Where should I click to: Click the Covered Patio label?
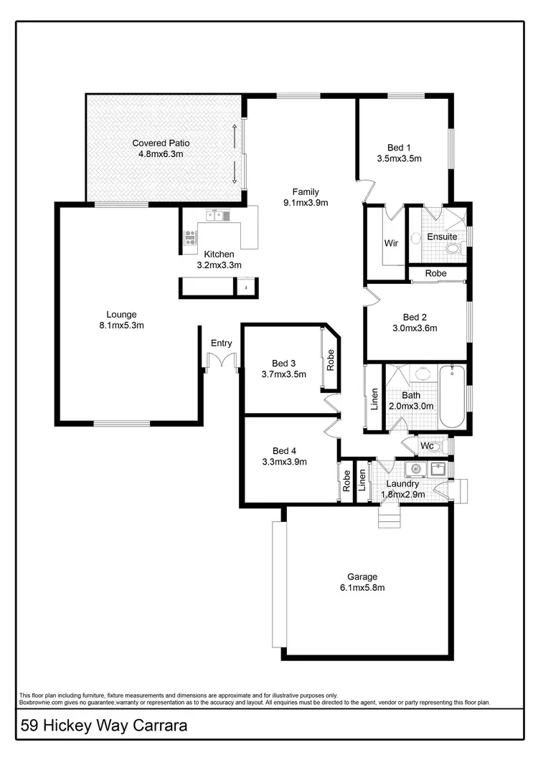coord(161,143)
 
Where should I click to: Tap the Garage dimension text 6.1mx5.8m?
coord(362,588)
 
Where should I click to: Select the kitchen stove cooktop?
coord(190,237)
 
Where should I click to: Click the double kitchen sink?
coord(216,215)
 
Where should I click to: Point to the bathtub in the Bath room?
coord(452,396)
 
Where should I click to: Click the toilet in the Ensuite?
coord(453,249)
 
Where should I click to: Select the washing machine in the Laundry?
coord(415,470)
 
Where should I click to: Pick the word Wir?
coord(391,243)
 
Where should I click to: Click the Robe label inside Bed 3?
coord(331,358)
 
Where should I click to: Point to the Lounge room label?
coord(121,314)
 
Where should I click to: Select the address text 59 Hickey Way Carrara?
coord(104,726)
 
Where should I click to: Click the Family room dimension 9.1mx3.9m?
coord(306,202)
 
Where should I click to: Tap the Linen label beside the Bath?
coord(374,399)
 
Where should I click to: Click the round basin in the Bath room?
coord(423,374)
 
